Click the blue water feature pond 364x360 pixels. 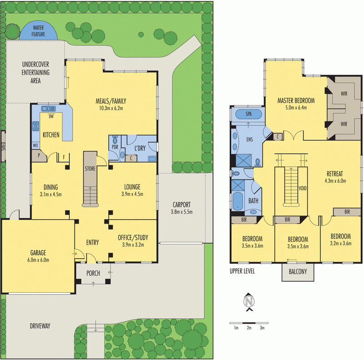[38, 31]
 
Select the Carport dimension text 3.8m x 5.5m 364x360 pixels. [181, 212]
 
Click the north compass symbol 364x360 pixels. [248, 302]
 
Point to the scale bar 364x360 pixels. [248, 323]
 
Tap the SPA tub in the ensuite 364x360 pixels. [248, 114]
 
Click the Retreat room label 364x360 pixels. [338, 174]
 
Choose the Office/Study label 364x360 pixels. [133, 237]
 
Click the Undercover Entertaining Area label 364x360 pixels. [36, 73]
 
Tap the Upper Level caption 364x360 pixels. [243, 271]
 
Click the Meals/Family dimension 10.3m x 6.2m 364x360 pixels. [111, 108]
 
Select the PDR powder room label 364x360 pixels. [115, 147]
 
